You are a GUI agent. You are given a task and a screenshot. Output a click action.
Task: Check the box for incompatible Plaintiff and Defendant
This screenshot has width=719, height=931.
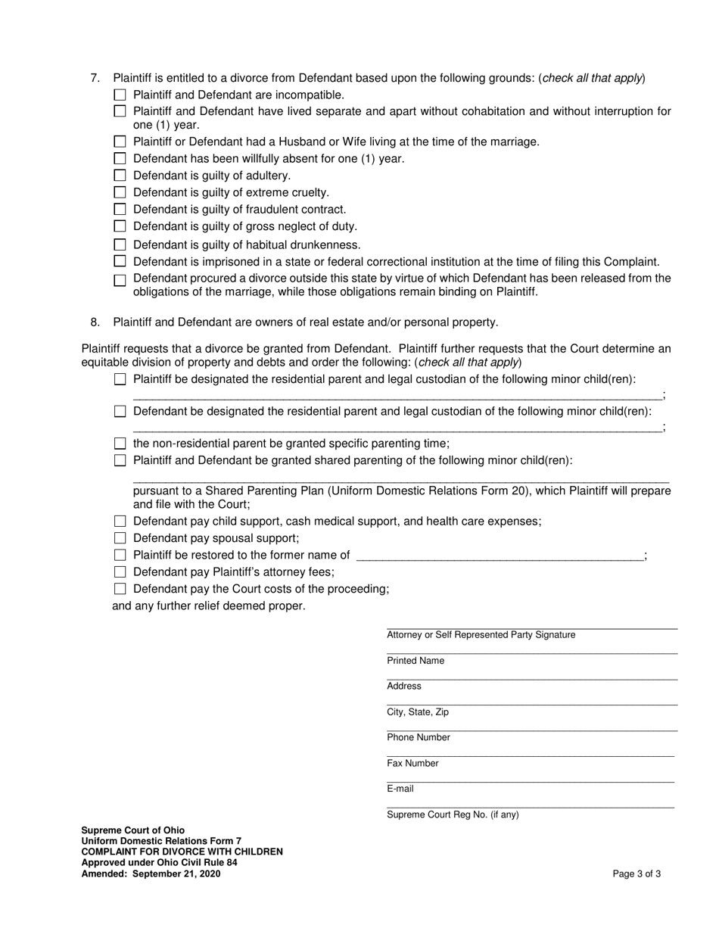pos(120,95)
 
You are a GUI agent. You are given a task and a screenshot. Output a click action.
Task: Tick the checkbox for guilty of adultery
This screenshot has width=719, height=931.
pos(120,176)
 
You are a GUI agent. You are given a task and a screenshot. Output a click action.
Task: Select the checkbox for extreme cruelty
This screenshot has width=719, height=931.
pos(120,192)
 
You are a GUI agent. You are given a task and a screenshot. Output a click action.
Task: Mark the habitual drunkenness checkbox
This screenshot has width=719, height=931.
pos(120,244)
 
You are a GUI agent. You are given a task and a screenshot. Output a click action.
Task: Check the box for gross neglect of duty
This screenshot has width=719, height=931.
pos(120,226)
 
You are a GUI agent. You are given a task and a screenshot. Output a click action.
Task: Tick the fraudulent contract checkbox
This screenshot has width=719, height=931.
pos(120,210)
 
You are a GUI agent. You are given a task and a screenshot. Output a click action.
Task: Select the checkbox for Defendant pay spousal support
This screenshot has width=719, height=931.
pos(120,538)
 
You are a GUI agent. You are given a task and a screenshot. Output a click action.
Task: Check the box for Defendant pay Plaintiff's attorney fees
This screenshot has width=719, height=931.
pos(120,572)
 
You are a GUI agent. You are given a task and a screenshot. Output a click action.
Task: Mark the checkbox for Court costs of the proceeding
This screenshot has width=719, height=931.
pos(120,589)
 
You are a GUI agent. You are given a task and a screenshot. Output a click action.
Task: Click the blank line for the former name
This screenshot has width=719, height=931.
pos(500,556)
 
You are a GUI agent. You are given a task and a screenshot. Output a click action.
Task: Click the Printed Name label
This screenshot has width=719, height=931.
pos(416,661)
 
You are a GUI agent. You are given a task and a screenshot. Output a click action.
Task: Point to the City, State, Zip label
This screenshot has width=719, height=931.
pos(418,712)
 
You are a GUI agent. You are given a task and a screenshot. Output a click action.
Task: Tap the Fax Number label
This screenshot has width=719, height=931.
pos(412,763)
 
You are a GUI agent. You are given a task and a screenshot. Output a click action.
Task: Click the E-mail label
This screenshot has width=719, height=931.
pos(400,789)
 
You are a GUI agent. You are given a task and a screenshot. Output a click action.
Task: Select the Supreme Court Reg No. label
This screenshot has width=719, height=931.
pos(453,815)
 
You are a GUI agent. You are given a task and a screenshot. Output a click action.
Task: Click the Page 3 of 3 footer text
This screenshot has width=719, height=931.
pos(637,874)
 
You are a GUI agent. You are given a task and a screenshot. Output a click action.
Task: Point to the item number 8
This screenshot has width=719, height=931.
pos(95,322)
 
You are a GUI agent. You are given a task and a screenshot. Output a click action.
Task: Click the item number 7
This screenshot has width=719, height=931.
pos(95,78)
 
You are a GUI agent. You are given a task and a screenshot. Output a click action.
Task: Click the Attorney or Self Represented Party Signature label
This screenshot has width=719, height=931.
pos(481,635)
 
